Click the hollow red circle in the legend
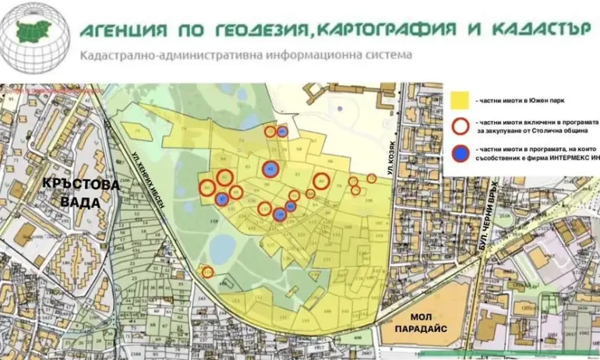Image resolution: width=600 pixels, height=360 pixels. coord(460,125)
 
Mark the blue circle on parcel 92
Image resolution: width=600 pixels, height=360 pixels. coord(270,168)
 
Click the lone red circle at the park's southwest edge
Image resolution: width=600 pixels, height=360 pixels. coord(208,271)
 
